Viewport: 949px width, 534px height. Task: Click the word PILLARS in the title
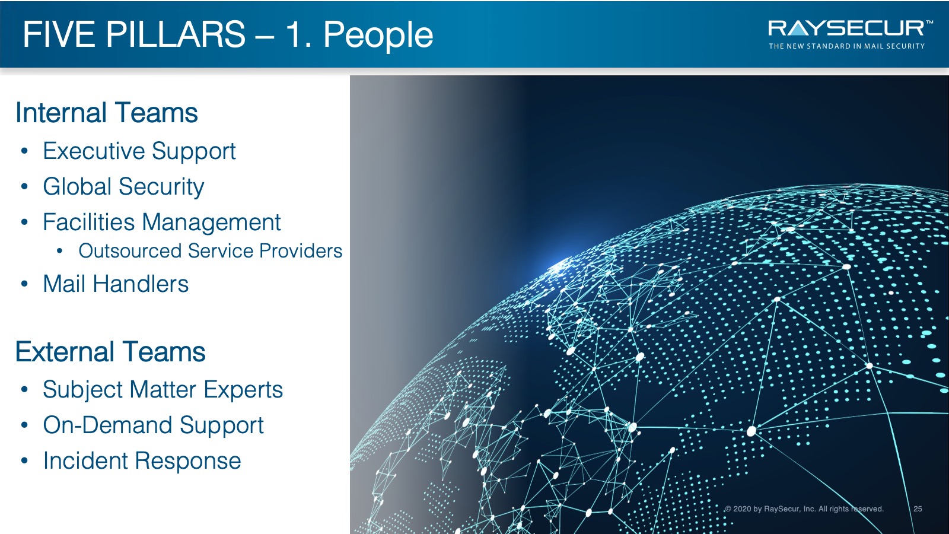[x=175, y=34]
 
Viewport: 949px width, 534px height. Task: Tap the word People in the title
[x=378, y=36]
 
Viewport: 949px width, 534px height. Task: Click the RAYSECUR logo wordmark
[x=846, y=29]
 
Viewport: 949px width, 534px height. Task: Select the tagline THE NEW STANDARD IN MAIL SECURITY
[x=846, y=46]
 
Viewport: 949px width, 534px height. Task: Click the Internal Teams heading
[x=107, y=113]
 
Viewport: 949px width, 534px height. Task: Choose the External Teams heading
[x=110, y=352]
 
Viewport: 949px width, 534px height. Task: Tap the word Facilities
[x=89, y=222]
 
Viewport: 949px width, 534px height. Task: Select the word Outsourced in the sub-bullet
[x=130, y=251]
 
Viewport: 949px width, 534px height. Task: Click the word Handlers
[x=141, y=284]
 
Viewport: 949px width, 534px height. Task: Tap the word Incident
[x=85, y=460]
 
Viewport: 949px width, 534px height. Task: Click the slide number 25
[x=918, y=508]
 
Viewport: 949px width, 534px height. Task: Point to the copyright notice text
[x=804, y=508]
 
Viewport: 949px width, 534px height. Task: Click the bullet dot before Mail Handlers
[x=24, y=284]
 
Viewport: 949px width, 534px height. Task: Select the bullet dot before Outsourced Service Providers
[x=60, y=252]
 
